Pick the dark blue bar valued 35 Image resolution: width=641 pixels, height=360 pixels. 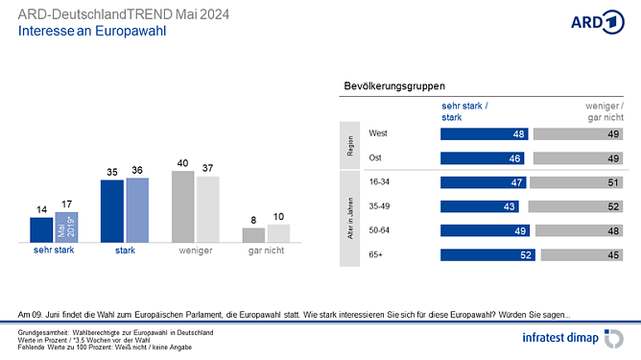[x=112, y=211]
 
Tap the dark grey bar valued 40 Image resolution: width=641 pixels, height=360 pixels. [x=183, y=206]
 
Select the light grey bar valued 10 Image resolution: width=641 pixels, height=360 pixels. [x=278, y=233]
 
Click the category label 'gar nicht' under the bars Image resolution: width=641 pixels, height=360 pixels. [x=265, y=251]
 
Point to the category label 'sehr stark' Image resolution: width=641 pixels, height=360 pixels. [x=54, y=251]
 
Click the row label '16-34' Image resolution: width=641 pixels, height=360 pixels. [x=380, y=181]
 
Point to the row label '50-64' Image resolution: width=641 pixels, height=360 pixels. [x=380, y=229]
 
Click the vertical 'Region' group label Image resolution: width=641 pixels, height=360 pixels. [x=350, y=146]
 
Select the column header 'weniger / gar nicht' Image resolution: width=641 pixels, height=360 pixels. [x=605, y=110]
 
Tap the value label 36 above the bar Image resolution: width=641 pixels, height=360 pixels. [x=137, y=171]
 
